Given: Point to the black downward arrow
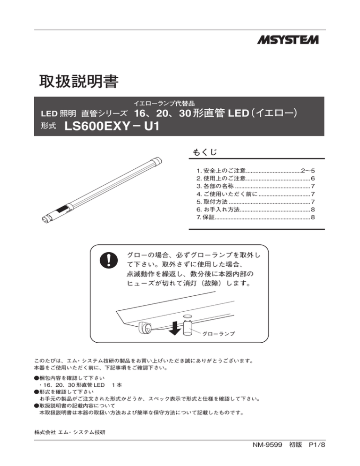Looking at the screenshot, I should pyautogui.click(x=174, y=329).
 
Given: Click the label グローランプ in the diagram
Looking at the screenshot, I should pyautogui.click(x=218, y=333).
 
